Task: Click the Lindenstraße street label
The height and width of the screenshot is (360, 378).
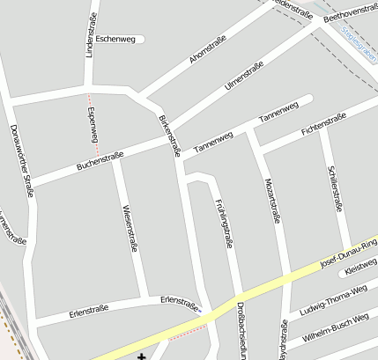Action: (90, 35)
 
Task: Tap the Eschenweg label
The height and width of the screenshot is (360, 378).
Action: (116, 39)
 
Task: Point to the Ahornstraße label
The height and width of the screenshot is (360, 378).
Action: (208, 49)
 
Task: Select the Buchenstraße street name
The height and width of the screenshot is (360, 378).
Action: (100, 160)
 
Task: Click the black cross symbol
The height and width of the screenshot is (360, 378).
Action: (143, 355)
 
